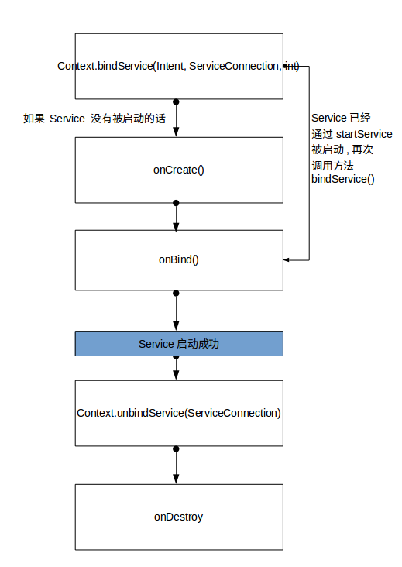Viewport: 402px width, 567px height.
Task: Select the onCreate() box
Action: click(x=179, y=170)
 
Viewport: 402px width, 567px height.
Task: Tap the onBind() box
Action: click(x=179, y=259)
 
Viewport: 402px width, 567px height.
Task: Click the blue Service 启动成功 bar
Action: click(x=179, y=343)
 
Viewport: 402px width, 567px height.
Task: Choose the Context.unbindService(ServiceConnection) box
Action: click(x=179, y=413)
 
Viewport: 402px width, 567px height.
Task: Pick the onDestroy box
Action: click(x=179, y=516)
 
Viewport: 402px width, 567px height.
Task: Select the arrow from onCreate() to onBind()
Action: click(x=177, y=216)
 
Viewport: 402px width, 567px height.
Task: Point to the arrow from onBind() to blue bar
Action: click(x=177, y=311)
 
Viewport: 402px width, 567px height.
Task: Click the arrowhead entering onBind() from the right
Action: click(x=287, y=260)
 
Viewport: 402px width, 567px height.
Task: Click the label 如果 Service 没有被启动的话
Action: click(x=94, y=119)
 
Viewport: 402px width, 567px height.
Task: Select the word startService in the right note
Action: click(x=365, y=133)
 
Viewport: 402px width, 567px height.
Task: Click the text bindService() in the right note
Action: click(x=342, y=179)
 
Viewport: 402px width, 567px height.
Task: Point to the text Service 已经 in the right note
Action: click(x=341, y=118)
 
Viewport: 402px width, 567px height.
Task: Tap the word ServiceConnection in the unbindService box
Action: click(x=229, y=413)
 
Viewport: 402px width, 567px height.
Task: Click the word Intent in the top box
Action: click(x=170, y=67)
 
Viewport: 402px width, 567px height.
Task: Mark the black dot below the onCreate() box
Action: click(x=177, y=203)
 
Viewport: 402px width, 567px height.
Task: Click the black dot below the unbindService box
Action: click(x=177, y=448)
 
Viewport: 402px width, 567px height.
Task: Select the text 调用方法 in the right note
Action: click(x=332, y=164)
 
